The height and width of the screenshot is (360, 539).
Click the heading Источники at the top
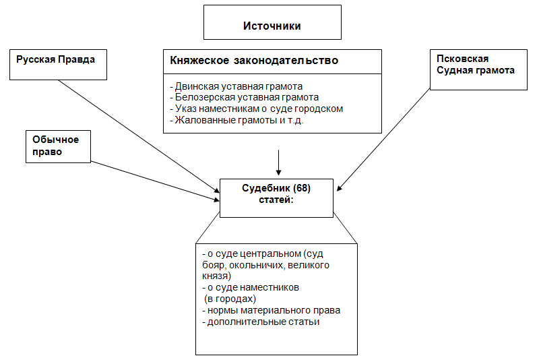click(272, 26)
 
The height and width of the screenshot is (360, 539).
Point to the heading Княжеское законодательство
click(254, 61)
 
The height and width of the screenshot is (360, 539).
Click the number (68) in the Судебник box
click(303, 189)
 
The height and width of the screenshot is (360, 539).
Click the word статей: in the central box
click(276, 200)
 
